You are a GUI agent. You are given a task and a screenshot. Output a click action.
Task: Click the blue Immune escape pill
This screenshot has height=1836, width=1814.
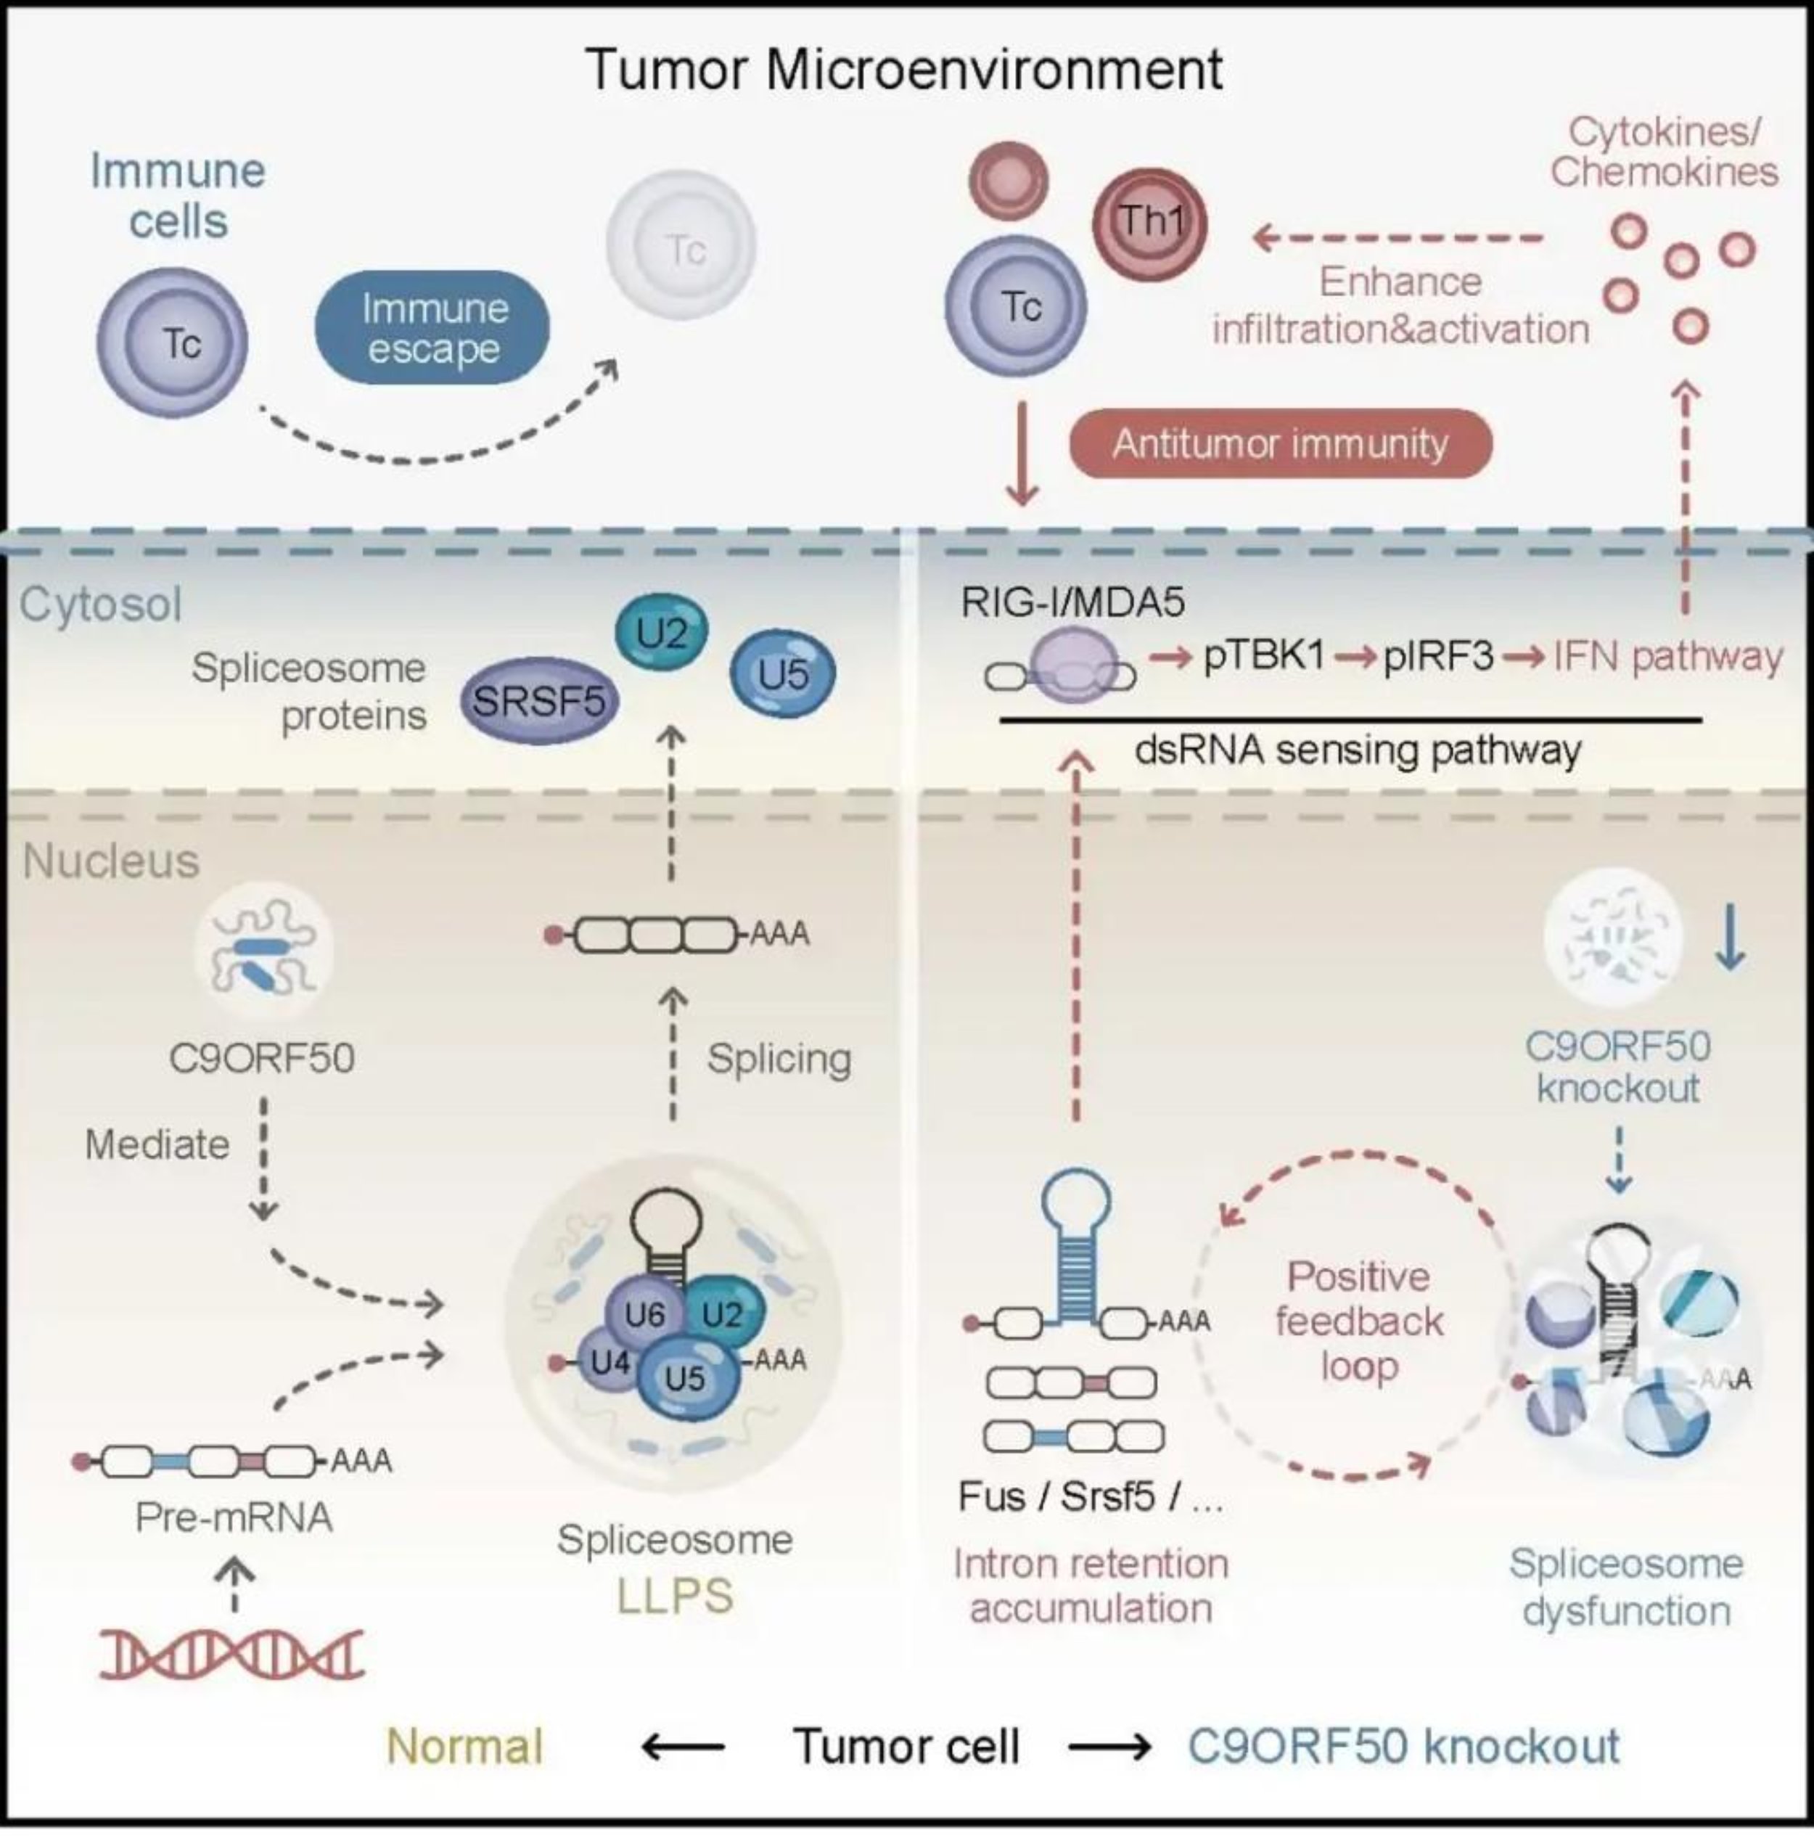coord(432,328)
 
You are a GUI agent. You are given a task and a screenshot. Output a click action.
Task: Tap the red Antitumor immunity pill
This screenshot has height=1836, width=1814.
coord(1280,443)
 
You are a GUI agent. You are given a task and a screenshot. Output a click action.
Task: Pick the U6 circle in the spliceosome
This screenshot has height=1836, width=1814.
coord(645,1314)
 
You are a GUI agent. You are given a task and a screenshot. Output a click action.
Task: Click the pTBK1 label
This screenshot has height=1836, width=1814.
coord(1264,656)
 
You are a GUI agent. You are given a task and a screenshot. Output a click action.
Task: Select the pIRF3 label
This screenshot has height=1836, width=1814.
coord(1437,656)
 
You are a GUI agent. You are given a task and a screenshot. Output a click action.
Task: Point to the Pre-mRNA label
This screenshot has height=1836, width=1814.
coord(234,1517)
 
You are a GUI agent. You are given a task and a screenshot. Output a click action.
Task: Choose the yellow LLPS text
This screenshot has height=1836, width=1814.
coord(675,1597)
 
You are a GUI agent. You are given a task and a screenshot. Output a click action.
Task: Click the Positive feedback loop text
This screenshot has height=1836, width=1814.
coord(1359,1321)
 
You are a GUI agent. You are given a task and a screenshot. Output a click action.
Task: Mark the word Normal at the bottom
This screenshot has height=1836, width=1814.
coord(464,1746)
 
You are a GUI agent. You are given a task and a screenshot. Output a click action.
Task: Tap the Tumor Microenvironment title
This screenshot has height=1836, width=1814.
coord(905,70)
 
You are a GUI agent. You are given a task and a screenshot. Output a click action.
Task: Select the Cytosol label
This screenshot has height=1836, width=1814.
coord(101,605)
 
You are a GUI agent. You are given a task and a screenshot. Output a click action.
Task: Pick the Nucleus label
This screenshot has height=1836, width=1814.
coord(111,861)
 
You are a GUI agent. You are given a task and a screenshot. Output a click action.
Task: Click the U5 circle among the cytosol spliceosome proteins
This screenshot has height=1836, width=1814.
coord(783,673)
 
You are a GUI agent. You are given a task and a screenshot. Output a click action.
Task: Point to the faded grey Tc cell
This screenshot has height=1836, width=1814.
coord(684,246)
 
